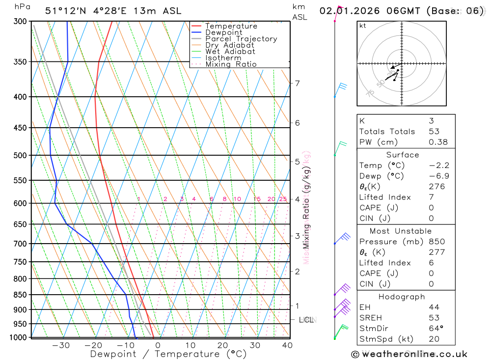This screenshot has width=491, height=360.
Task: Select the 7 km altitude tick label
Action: point(298,83)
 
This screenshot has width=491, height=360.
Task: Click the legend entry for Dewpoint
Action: point(223,32)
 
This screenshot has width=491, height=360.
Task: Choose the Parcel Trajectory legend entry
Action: point(241,39)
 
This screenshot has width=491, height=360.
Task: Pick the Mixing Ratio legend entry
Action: point(231,64)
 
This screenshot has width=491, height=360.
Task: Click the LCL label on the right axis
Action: point(306,320)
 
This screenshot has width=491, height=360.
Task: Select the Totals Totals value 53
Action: point(434,132)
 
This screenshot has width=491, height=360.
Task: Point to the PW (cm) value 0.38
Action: point(438,142)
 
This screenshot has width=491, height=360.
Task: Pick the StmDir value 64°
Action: point(436,329)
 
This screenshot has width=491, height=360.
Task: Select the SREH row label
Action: point(372,318)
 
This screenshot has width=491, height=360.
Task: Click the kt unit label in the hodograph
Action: point(363,26)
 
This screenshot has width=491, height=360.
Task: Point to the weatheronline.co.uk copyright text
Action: point(409,354)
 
